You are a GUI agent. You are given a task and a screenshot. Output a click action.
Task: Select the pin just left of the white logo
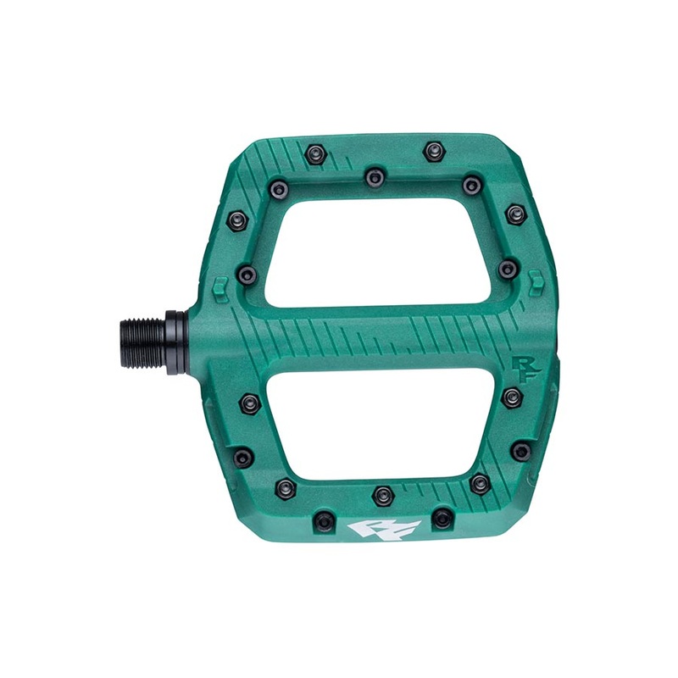click(x=323, y=519)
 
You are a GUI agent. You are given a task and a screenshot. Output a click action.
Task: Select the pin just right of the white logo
click(x=442, y=518)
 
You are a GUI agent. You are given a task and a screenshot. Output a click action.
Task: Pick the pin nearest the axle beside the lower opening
click(x=250, y=403)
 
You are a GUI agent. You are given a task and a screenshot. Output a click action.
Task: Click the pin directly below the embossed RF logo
click(x=512, y=397)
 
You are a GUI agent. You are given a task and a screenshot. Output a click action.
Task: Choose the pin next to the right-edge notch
click(x=508, y=270)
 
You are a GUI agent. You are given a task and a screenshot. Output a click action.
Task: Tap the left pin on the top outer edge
click(x=338, y=154)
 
